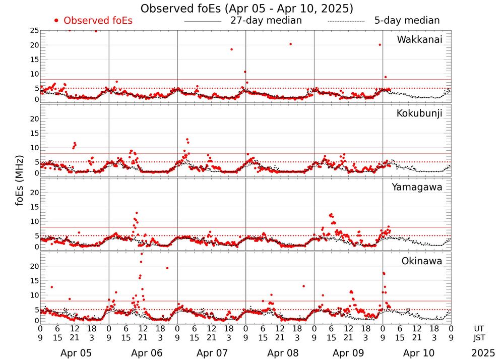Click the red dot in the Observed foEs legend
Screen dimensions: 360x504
pyautogui.click(x=56, y=21)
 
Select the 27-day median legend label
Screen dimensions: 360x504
pyautogui.click(x=266, y=21)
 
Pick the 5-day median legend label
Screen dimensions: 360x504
pyautogui.click(x=407, y=21)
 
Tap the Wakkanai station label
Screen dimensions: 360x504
pyautogui.click(x=419, y=40)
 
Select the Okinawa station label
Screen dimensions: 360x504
pyautogui.click(x=422, y=261)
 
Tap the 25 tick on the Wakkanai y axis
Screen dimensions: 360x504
pyautogui.click(x=34, y=31)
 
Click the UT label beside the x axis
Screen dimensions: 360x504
pyautogui.click(x=479, y=328)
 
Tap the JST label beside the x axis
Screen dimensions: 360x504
pyautogui.click(x=479, y=337)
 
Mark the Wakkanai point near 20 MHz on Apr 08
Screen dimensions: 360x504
pyautogui.click(x=290, y=44)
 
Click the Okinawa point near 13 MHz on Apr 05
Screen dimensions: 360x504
pyautogui.click(x=51, y=287)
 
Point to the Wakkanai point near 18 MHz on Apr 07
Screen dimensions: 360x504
pyautogui.click(x=231, y=49)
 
